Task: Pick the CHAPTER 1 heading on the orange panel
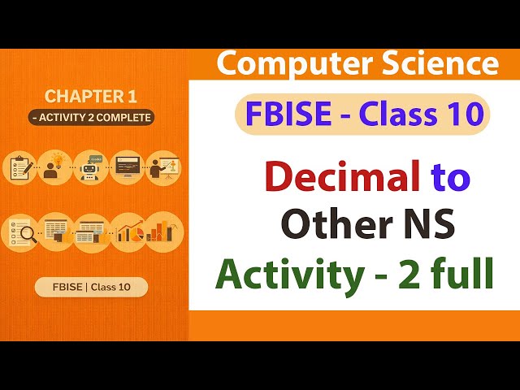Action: (x=90, y=97)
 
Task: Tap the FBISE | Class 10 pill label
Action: (x=91, y=287)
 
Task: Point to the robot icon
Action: (x=90, y=167)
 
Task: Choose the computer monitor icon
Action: (x=126, y=167)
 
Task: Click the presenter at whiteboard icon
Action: (x=162, y=167)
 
